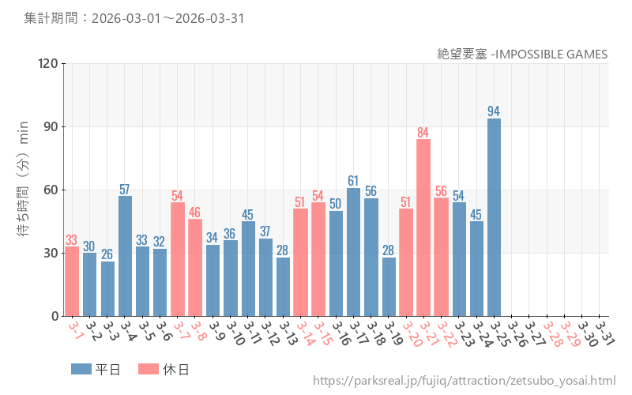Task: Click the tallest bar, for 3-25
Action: click(x=494, y=217)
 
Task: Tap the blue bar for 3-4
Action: click(x=125, y=256)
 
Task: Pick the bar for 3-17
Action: click(x=353, y=252)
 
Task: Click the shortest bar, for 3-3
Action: click(x=107, y=288)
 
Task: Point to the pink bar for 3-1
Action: click(x=72, y=281)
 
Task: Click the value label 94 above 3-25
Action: click(x=494, y=111)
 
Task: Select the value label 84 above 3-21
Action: click(x=423, y=133)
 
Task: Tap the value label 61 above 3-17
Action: click(x=353, y=181)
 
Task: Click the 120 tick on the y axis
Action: click(x=48, y=64)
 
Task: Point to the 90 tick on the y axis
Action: click(x=51, y=127)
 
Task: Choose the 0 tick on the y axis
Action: click(x=55, y=316)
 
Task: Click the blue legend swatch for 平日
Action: click(x=81, y=369)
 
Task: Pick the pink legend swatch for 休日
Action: click(x=149, y=369)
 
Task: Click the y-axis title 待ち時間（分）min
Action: click(x=24, y=190)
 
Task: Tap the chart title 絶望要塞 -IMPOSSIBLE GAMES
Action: click(x=522, y=54)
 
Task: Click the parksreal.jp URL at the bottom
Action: click(x=464, y=382)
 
